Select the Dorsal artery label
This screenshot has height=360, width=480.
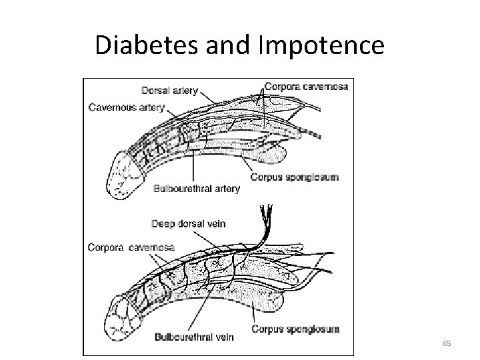[x=169, y=91]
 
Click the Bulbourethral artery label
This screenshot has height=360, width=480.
[x=197, y=189]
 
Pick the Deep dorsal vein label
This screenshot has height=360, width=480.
[x=189, y=223]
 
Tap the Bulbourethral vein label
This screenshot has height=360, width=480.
[x=193, y=337]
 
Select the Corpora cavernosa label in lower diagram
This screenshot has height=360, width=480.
[x=131, y=247]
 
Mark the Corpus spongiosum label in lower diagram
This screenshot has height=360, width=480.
[x=295, y=329]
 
